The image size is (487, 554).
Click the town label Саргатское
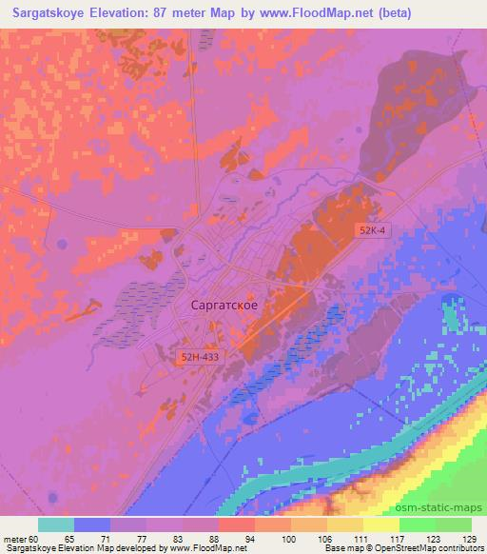pos(224,306)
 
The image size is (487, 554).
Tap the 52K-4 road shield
pos(373,231)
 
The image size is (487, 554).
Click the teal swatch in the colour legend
pos(56,524)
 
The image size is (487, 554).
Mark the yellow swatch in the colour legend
pos(381,524)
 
